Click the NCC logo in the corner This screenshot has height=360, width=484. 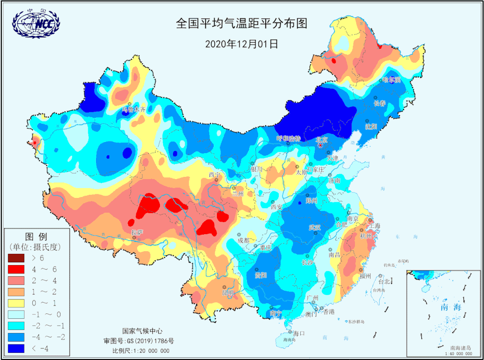tap(36, 22)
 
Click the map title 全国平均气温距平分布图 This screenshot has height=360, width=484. tap(242, 23)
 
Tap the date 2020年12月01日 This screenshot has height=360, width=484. tap(242, 44)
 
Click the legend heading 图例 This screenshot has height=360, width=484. tap(36, 236)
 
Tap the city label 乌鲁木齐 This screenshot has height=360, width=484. tap(134, 109)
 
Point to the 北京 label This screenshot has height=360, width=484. tap(321, 140)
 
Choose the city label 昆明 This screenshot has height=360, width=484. tap(228, 293)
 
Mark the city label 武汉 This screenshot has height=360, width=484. tap(315, 227)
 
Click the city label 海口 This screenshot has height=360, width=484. tap(299, 333)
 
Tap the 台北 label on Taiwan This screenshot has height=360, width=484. tap(385, 282)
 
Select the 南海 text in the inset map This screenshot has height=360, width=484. tap(438, 307)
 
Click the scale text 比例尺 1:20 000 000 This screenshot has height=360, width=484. tap(141, 351)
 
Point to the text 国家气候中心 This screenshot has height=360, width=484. tap(142, 331)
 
